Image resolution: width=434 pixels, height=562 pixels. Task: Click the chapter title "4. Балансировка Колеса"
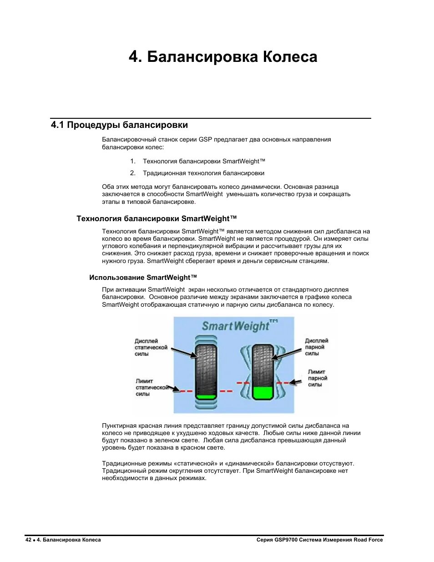(223, 57)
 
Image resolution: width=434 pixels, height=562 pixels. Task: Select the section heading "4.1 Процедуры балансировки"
(119, 125)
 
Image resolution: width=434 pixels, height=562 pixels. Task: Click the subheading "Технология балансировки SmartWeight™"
(156, 218)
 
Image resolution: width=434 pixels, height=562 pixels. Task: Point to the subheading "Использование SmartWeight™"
(143, 278)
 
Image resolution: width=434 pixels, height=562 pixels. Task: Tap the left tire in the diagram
(206, 369)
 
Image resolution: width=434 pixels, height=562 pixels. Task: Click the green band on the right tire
(262, 392)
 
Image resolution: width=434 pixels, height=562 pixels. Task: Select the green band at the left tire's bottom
(206, 397)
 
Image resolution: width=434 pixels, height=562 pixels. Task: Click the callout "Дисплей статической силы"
(151, 347)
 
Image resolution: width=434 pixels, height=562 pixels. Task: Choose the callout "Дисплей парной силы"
(316, 347)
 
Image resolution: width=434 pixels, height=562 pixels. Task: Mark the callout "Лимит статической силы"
(151, 387)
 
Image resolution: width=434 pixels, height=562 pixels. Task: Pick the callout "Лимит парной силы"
(317, 378)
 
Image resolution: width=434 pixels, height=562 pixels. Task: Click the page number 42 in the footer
(28, 540)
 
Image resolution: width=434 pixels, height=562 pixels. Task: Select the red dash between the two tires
(226, 391)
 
